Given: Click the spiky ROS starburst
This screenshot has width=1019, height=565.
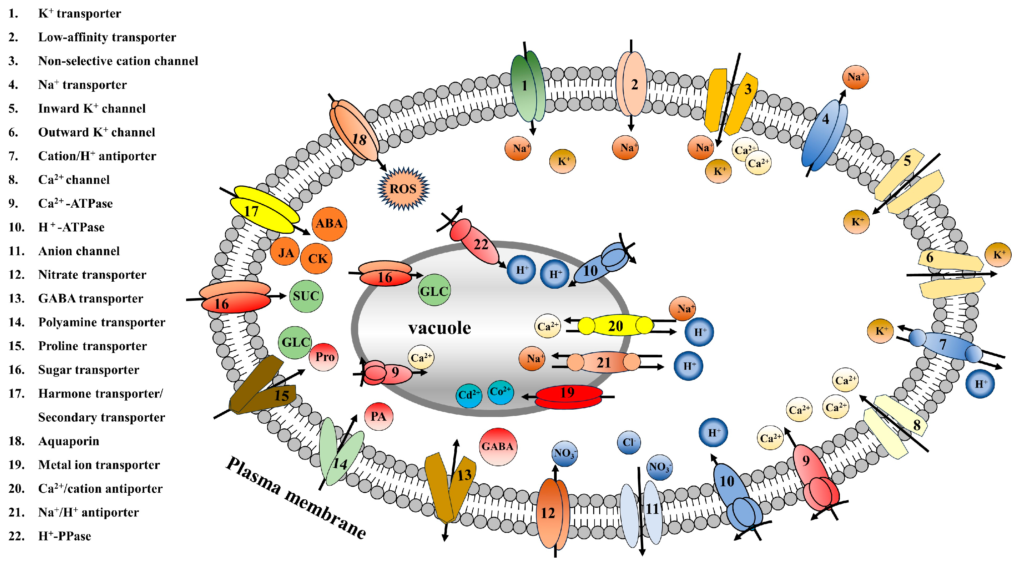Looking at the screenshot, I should coord(403,189).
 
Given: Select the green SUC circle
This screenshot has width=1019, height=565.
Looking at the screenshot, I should coord(306,296).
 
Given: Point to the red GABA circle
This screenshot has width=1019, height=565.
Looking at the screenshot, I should coord(498,447).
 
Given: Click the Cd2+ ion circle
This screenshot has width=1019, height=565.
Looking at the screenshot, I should coord(469,395).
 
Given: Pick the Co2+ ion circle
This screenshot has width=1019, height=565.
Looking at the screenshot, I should coord(500,392).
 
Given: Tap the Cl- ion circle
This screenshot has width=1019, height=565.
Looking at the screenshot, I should coord(629,442).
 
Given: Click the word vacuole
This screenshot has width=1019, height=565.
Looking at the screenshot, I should coord(440,328).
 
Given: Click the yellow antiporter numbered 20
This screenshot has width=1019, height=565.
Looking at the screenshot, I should coord(615,326).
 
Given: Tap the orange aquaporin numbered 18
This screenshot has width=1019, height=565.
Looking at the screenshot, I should coord(355,131).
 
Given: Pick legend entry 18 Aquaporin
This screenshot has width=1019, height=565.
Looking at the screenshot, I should coord(68,441).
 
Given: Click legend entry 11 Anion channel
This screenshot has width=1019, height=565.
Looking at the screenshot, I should coord(79,251).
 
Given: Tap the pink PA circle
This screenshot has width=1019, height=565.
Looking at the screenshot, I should coord(378,416).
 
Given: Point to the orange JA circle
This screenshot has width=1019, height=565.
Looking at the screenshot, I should coord(285,252).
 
